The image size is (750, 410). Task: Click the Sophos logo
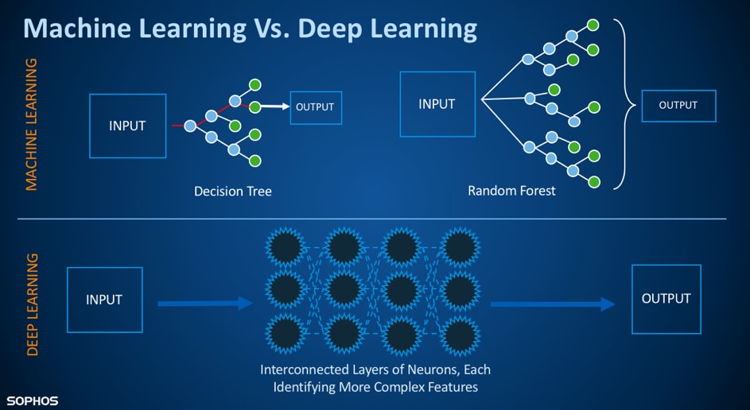pyautogui.click(x=33, y=400)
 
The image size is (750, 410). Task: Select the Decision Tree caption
pyautogui.click(x=233, y=191)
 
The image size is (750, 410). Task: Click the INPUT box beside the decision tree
pyautogui.click(x=127, y=126)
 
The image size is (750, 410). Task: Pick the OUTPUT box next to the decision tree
pyautogui.click(x=315, y=107)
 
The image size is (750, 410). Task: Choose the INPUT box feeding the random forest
pyautogui.click(x=437, y=104)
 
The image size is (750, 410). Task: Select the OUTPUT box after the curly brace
pyautogui.click(x=678, y=105)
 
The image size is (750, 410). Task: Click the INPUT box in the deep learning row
pyautogui.click(x=104, y=300)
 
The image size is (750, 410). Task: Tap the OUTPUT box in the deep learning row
pyautogui.click(x=666, y=299)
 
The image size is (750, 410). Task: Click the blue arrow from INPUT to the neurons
pyautogui.click(x=204, y=304)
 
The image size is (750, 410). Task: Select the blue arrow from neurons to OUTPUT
pyautogui.click(x=553, y=304)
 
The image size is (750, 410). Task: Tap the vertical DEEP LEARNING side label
pyautogui.click(x=33, y=304)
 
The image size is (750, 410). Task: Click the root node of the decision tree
pyautogui.click(x=189, y=126)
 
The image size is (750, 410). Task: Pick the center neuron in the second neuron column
pyautogui.click(x=345, y=290)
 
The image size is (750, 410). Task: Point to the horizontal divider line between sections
pyautogui.click(x=374, y=219)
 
